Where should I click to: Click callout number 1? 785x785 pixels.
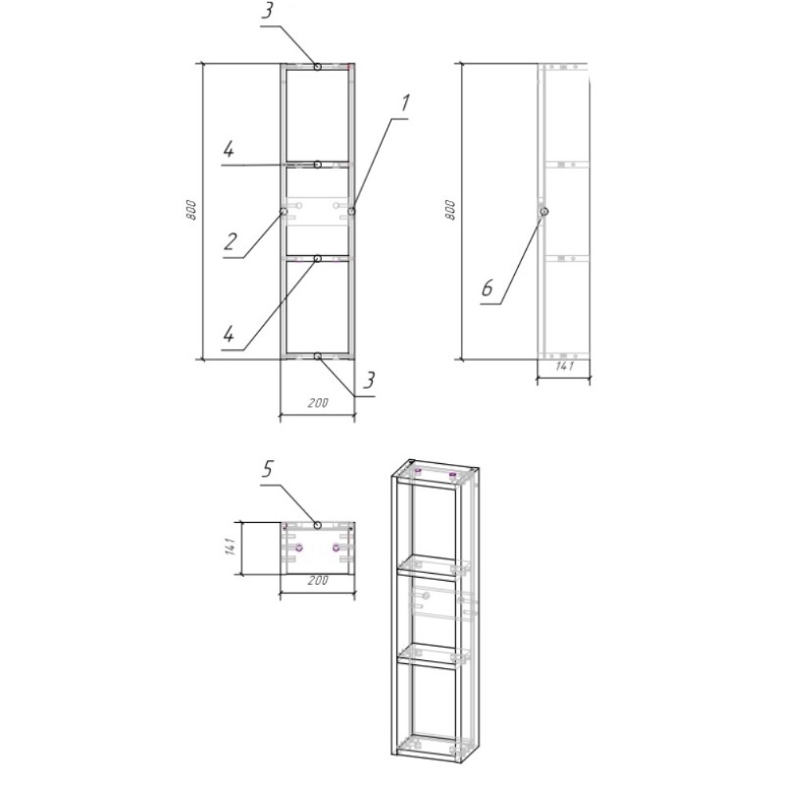405,103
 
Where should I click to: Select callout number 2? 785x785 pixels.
230,242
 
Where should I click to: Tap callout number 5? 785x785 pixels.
268,469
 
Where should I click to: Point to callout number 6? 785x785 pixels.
487,288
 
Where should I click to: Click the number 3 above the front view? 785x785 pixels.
268,10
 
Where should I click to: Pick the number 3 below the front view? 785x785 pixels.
368,380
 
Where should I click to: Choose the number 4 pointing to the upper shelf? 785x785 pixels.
228,149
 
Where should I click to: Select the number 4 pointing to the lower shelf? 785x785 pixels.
228,334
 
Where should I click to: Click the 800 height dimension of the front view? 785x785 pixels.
191,210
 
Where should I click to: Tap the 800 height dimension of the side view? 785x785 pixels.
450,210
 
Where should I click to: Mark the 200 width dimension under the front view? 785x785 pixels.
318,403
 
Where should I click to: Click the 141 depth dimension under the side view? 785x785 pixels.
564,367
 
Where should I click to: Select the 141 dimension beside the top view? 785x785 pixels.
230,546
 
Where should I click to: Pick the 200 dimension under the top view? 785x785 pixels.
318,581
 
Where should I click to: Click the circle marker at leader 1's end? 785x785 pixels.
352,211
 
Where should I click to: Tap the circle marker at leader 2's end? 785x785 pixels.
283,211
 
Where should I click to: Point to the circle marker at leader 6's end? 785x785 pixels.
544,211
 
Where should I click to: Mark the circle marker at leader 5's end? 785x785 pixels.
317,524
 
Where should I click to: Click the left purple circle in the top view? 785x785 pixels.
299,548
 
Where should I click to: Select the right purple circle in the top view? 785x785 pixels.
336,548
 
